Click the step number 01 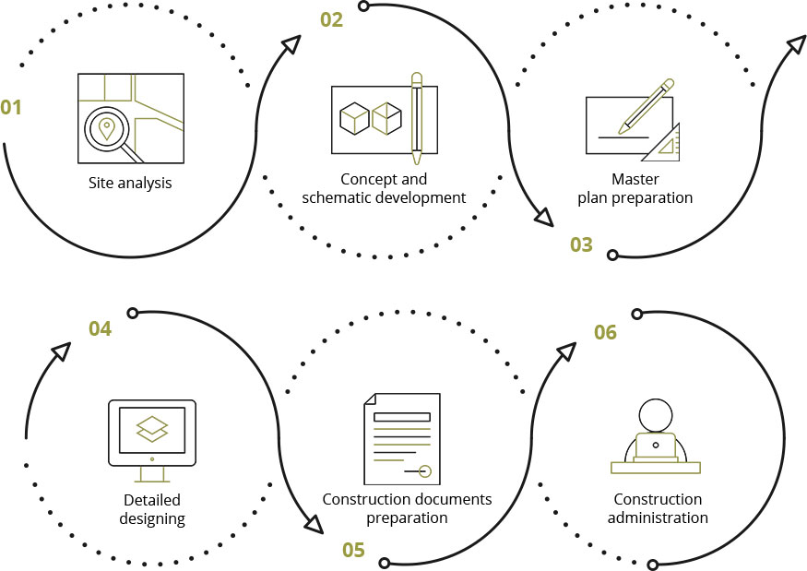11,108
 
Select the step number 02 331,19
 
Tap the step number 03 581,245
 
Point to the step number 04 100,328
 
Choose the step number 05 353,551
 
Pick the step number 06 605,332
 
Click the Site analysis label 130,183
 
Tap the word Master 635,179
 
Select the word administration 658,517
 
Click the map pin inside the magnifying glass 107,128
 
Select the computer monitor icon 152,434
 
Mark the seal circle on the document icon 425,471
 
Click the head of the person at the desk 656,414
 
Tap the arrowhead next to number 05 314,525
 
